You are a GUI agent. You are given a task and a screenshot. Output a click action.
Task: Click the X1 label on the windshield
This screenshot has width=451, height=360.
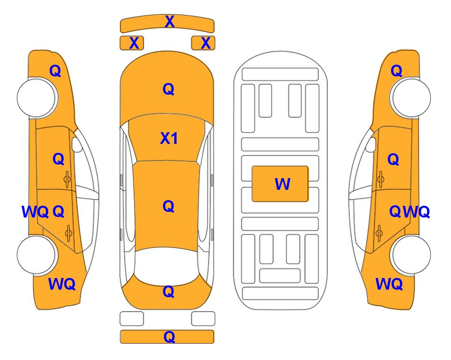coord(169,138)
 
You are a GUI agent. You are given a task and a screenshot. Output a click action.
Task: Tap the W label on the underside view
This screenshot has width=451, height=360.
coord(282,184)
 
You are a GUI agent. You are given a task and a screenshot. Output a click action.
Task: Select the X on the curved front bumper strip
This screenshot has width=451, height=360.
coord(170,22)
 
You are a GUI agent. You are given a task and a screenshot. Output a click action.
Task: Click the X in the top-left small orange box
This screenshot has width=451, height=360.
coord(134,43)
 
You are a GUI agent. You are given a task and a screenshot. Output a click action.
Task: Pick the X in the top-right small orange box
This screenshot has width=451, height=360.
coord(206,43)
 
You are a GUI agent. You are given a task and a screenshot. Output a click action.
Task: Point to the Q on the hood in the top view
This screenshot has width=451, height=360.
coord(169,89)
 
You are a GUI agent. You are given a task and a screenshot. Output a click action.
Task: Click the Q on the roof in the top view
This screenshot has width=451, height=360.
coord(169,206)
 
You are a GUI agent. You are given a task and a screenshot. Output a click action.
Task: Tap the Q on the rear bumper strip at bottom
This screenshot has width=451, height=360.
coord(169,337)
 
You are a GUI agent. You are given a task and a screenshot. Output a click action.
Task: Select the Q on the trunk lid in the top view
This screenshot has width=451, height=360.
coord(169,292)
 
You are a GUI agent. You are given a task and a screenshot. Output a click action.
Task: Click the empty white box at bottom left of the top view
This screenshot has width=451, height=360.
coord(132,319)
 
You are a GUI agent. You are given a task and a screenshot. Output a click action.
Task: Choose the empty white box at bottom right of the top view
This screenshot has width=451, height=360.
coord(203,319)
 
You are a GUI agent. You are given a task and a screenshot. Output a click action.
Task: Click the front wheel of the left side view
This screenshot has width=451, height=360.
coord(37,97)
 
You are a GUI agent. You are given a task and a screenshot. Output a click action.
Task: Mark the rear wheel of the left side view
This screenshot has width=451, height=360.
coord(37,255)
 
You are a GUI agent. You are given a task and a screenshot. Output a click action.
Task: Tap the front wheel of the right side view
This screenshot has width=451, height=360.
coord(410,97)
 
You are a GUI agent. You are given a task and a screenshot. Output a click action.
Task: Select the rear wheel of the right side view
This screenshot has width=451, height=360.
coord(410,255)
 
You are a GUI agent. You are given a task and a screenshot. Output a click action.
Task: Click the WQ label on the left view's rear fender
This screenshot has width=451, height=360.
coord(62,284)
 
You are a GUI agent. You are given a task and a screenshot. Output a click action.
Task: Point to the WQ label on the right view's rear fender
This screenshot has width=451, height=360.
coord(389,284)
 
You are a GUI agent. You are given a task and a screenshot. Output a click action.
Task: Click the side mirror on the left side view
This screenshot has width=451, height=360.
coord(76,144)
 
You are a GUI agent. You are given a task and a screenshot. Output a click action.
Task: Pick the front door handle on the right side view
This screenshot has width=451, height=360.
coord(381,179)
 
